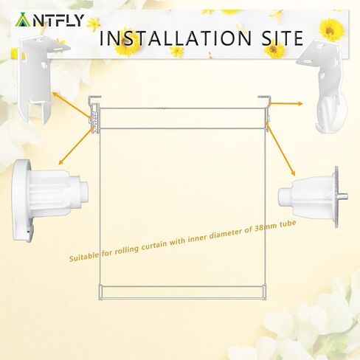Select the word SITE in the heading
pos(274,38)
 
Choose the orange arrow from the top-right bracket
pos(284,110)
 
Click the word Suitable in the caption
pos(86,258)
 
